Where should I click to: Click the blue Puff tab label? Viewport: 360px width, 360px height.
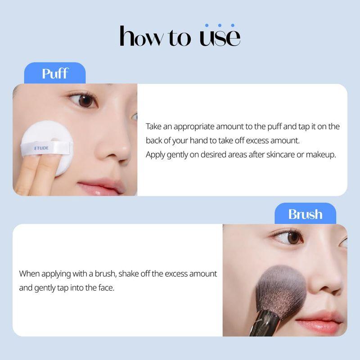pos(54,73)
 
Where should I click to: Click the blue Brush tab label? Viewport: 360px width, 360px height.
pos(305,214)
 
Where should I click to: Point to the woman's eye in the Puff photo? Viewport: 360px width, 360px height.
pos(85,100)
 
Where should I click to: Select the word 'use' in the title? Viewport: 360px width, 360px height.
pos(220,37)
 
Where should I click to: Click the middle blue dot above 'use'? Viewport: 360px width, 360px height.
pos(220,25)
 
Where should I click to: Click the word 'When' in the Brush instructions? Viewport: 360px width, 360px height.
pos(29,274)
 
